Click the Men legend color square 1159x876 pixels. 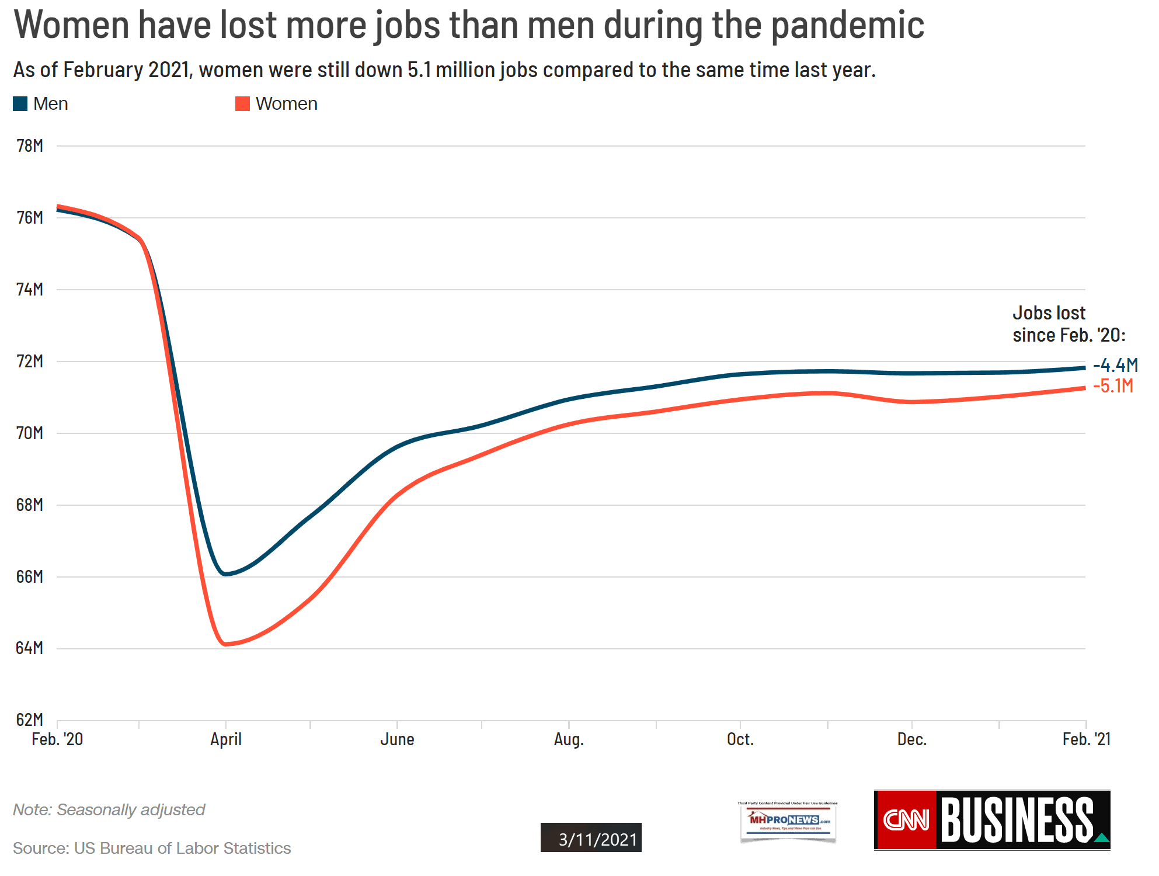(20, 104)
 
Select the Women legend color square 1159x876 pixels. (242, 104)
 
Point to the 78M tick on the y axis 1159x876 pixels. (30, 146)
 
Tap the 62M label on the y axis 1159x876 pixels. (30, 719)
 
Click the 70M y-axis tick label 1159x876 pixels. (30, 433)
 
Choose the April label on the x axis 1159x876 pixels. (226, 739)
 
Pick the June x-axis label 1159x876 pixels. (397, 739)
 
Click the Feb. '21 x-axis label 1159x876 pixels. (1086, 739)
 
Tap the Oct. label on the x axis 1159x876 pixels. (740, 739)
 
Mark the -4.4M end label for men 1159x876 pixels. (1115, 366)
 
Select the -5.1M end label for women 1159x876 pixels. (1113, 386)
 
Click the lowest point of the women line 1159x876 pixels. (225, 644)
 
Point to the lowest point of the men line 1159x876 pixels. (225, 574)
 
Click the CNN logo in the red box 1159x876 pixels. (906, 820)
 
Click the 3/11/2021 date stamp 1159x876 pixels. (591, 839)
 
